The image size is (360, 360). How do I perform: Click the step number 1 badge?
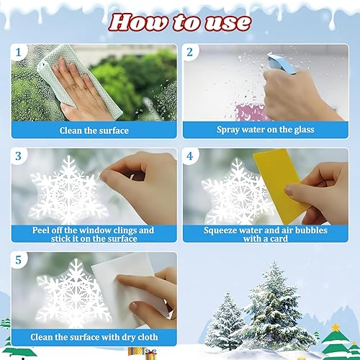(x=19, y=52)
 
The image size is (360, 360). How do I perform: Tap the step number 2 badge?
(x=190, y=52)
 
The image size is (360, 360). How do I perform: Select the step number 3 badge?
(x=19, y=156)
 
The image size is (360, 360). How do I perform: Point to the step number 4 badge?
(x=190, y=156)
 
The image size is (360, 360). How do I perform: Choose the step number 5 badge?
(x=19, y=260)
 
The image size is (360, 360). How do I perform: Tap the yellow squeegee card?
(x=279, y=185)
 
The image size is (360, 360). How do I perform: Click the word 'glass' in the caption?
(x=304, y=130)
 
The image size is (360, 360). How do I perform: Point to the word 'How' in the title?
(x=139, y=23)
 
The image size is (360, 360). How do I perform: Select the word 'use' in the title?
(x=228, y=24)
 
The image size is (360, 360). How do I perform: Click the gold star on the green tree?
(x=336, y=327)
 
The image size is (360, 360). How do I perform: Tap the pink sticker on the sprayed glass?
(x=251, y=112)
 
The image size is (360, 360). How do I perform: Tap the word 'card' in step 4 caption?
(x=279, y=239)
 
